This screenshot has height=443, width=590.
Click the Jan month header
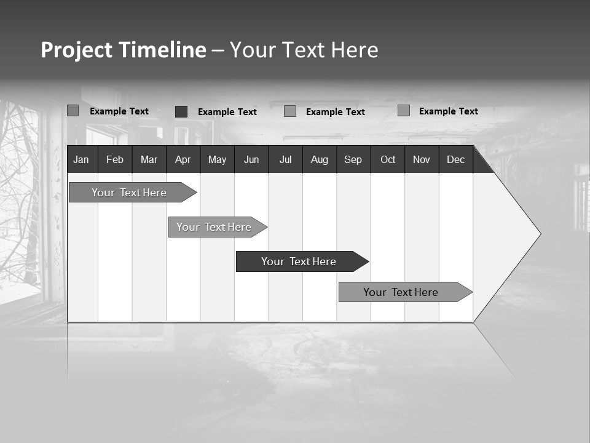click(x=81, y=159)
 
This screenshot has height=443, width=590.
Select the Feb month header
click(x=115, y=159)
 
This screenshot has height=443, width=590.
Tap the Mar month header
click(x=149, y=159)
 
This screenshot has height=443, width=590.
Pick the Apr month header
click(x=183, y=159)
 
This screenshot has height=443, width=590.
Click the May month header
click(x=217, y=159)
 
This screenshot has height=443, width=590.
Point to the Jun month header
click(x=251, y=159)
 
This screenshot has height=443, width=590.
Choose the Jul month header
click(x=285, y=159)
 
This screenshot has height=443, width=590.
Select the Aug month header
click(x=320, y=159)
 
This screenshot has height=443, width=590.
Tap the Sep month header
click(x=353, y=159)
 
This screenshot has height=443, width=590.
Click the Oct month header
click(x=388, y=159)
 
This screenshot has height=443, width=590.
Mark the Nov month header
click(x=422, y=159)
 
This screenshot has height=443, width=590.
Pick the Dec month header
click(x=456, y=159)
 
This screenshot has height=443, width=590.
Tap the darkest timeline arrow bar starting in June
click(x=299, y=261)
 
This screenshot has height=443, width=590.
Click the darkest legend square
click(x=181, y=111)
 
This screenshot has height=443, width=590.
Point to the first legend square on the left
click(x=73, y=111)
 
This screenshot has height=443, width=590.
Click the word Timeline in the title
click(x=162, y=50)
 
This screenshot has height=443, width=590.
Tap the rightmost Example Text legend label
click(x=448, y=111)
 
